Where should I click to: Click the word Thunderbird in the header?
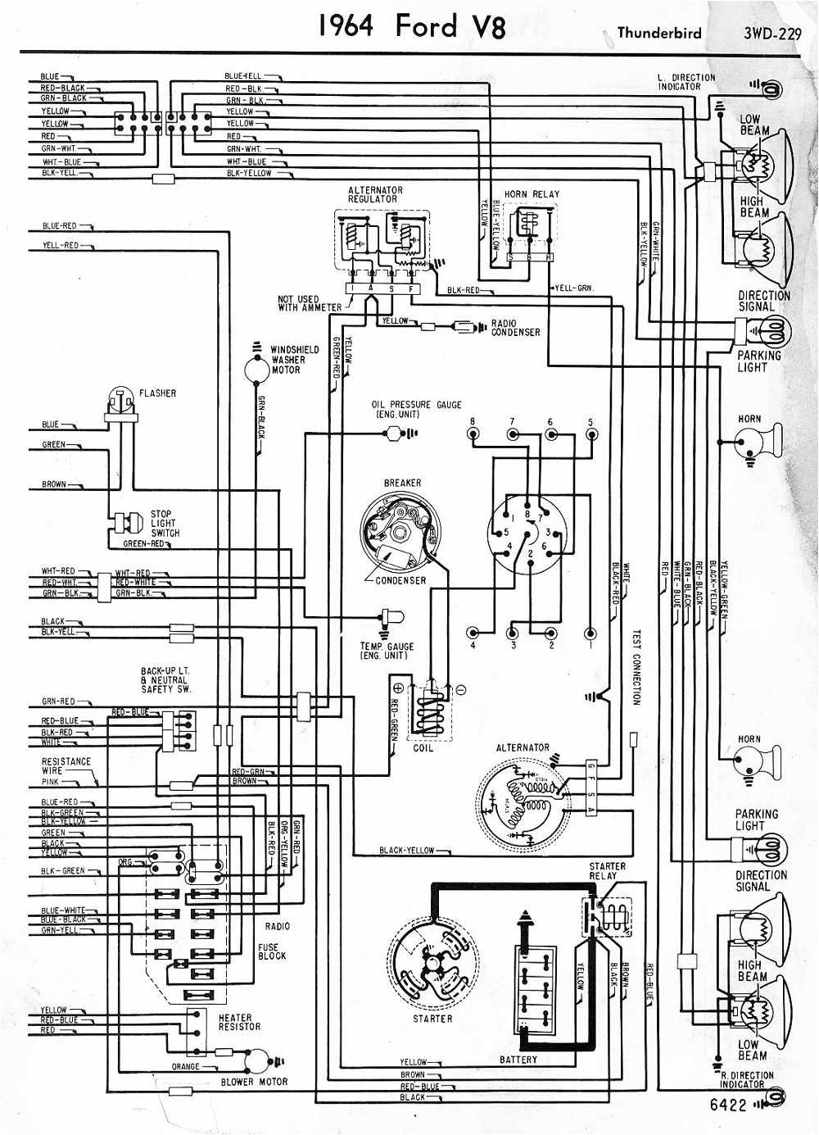click(x=658, y=33)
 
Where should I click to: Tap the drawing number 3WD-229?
click(x=771, y=33)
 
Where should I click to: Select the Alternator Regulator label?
click(x=375, y=194)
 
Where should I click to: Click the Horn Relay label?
click(x=532, y=194)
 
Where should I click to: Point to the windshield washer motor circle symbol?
click(x=257, y=369)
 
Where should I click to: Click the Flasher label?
click(x=157, y=393)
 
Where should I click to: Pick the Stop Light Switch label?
click(x=165, y=523)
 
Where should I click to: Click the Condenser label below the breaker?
click(x=400, y=580)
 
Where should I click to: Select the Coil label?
click(x=423, y=747)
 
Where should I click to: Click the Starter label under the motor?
click(x=432, y=1018)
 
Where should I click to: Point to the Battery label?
click(x=518, y=1060)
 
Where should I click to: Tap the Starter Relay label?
click(x=607, y=871)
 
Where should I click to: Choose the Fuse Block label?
click(x=272, y=951)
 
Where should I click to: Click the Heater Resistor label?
click(x=239, y=1022)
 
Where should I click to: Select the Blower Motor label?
click(x=254, y=1082)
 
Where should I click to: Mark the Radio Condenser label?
click(x=515, y=328)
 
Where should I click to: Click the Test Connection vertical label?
click(x=636, y=666)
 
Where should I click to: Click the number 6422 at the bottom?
click(x=729, y=1105)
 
